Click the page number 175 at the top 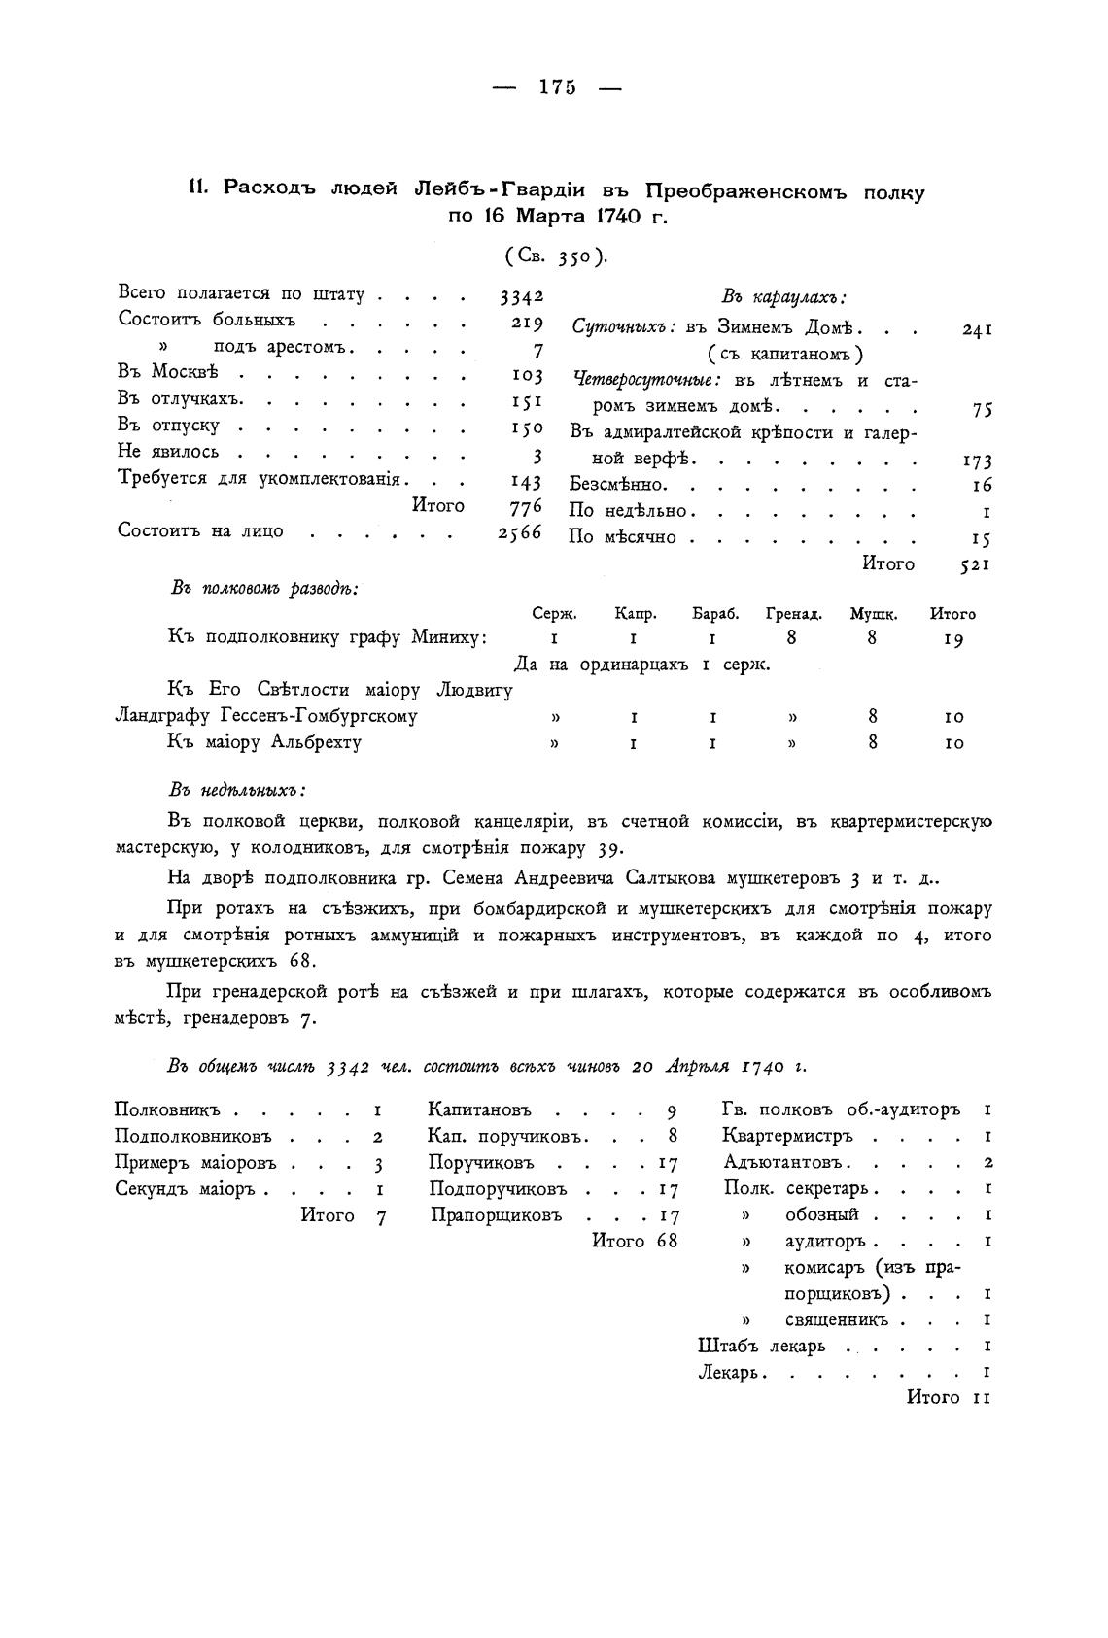point(557,87)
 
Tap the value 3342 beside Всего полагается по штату point(521,295)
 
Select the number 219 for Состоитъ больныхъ point(526,323)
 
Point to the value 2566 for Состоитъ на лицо point(519,532)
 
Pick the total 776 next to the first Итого point(525,506)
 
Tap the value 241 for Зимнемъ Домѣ point(976,330)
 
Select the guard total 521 point(975,565)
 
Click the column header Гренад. point(794,614)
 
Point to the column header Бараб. point(716,614)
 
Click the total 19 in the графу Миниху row point(952,639)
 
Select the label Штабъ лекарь point(761,1346)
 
